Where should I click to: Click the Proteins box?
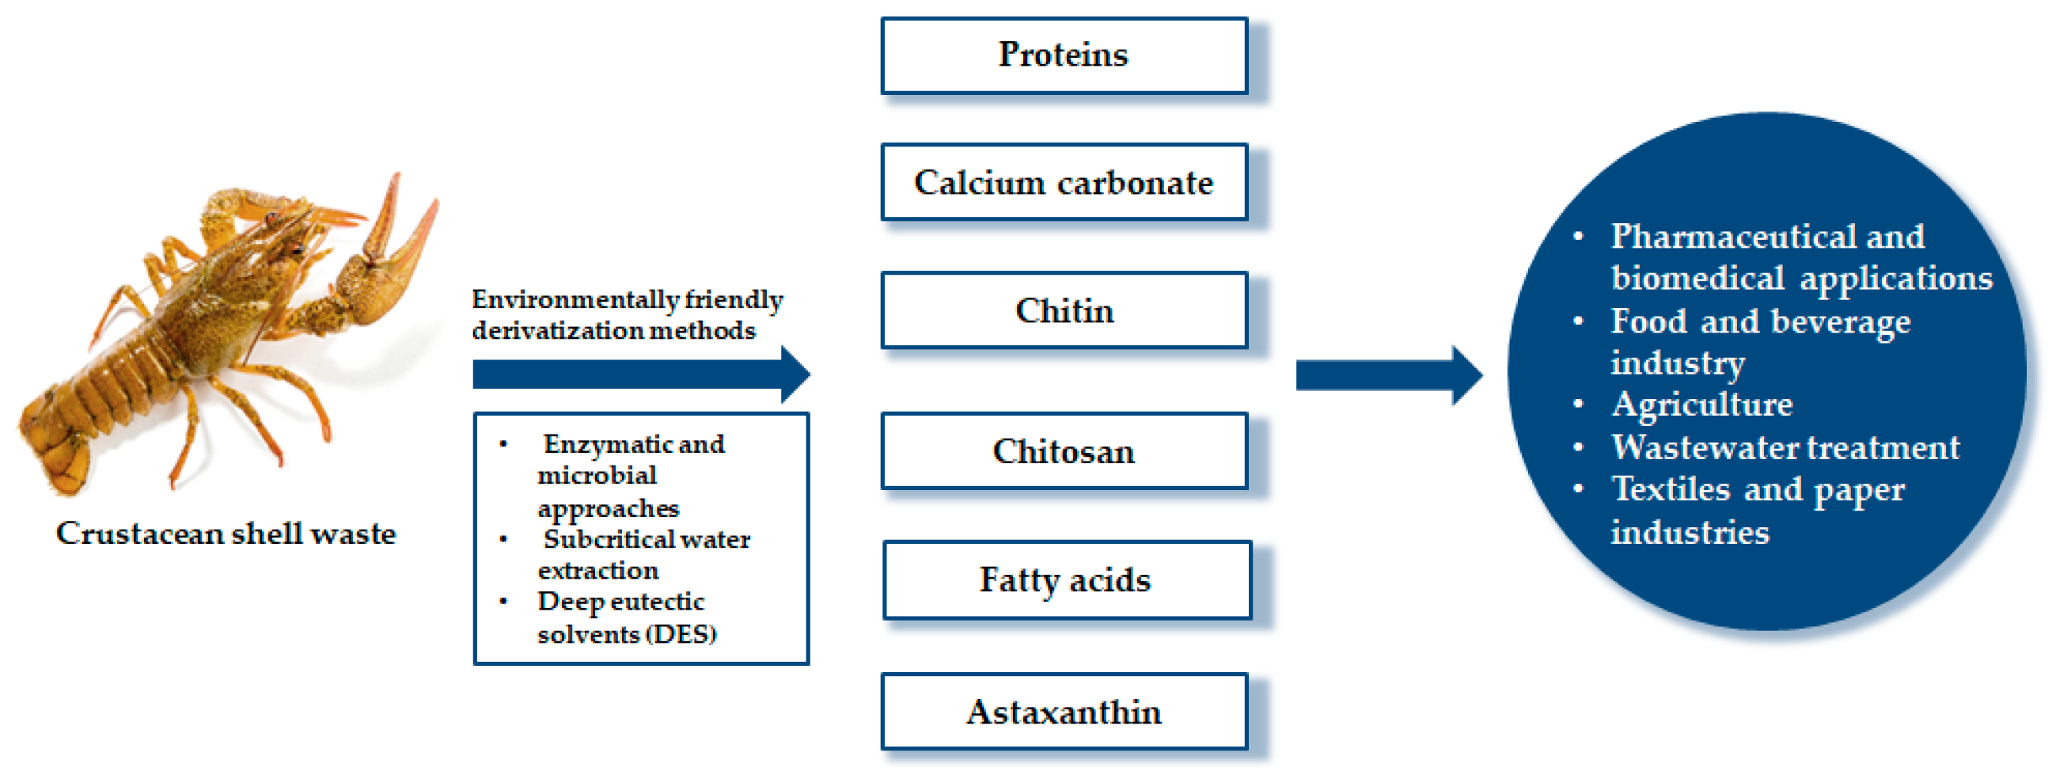(x=1064, y=56)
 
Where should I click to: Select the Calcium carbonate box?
(x=1064, y=182)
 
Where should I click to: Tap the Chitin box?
(x=1064, y=310)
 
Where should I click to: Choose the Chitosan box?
(x=1064, y=451)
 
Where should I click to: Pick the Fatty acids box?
(x=1066, y=580)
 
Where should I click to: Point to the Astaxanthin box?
(x=1064, y=712)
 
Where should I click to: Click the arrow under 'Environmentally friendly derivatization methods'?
(x=642, y=374)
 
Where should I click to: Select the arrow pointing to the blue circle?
(x=1390, y=375)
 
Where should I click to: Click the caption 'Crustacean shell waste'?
(x=226, y=533)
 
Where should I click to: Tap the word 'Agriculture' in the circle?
(x=1701, y=405)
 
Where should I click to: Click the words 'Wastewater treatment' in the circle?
(x=1785, y=447)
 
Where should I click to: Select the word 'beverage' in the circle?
(x=1841, y=323)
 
